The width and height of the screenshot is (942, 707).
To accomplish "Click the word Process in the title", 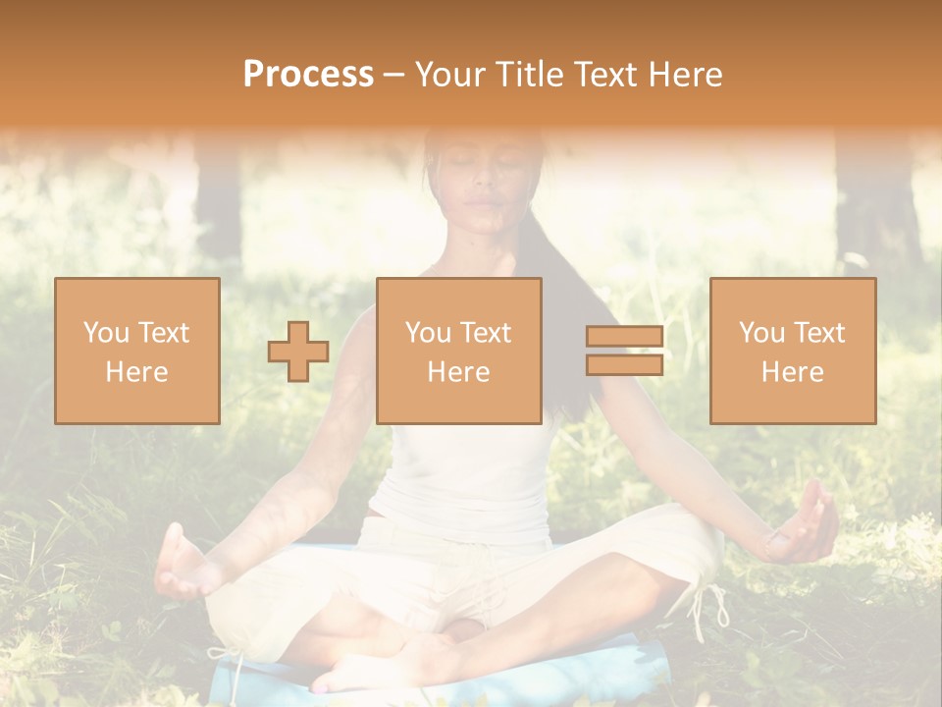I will pyautogui.click(x=308, y=74).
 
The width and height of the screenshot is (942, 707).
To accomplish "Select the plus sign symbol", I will pyautogui.click(x=298, y=352).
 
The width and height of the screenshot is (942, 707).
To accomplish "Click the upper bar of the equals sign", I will pyautogui.click(x=624, y=337).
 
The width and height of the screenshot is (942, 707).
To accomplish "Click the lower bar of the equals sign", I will pyautogui.click(x=624, y=365).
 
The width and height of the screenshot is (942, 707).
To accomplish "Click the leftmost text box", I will pyautogui.click(x=136, y=351).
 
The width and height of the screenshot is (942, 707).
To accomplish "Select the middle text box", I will pyautogui.click(x=458, y=351).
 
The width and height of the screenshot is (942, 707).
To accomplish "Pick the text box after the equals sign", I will pyautogui.click(x=792, y=351).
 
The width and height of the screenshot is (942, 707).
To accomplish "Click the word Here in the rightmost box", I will pyautogui.click(x=792, y=372).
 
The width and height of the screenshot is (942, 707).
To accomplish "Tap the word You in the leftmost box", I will pyautogui.click(x=106, y=333).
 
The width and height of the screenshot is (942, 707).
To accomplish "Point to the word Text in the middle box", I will pyautogui.click(x=487, y=333).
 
